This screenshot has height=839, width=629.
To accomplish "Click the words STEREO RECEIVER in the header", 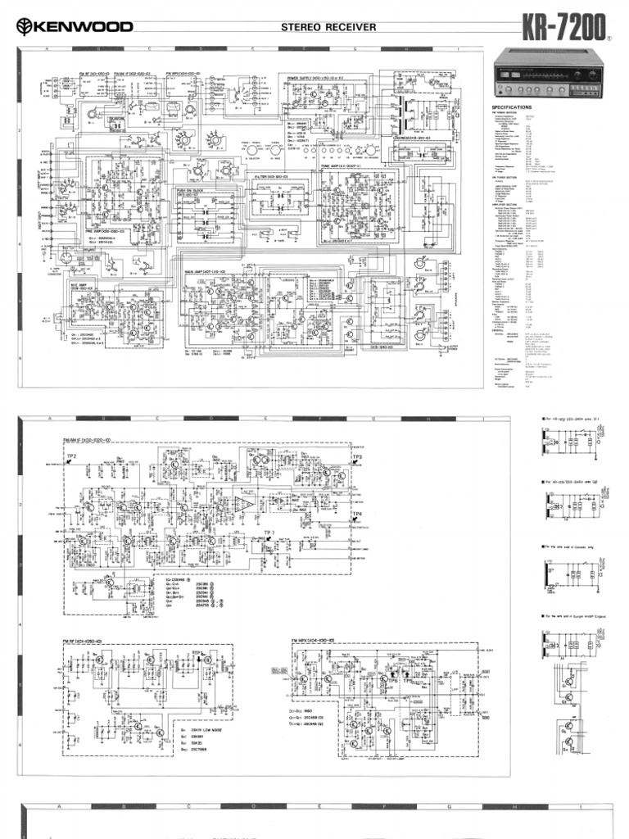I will click(328, 27).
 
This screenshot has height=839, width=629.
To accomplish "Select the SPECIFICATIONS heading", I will click(512, 107).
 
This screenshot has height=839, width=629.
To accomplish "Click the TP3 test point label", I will click(357, 456).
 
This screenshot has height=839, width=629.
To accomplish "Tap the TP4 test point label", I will click(357, 515).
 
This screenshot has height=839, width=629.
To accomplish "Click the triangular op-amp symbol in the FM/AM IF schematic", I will click(244, 502).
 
